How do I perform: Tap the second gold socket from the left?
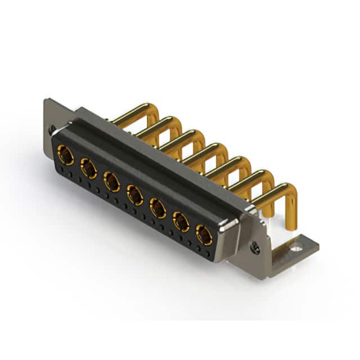(88, 168)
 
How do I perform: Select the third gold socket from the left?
(111, 181)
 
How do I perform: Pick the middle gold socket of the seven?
(134, 195)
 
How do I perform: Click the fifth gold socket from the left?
(157, 209)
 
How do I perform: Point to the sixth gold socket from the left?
(181, 222)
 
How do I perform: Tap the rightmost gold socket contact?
(204, 234)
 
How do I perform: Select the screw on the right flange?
(255, 246)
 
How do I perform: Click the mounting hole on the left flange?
(52, 128)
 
